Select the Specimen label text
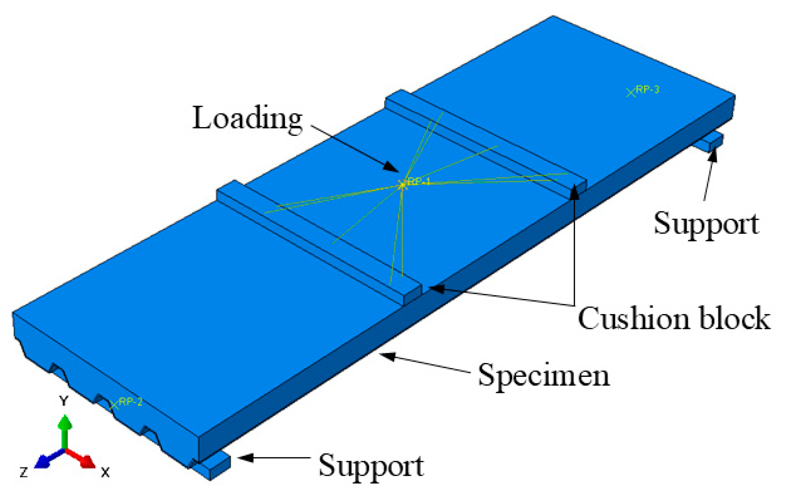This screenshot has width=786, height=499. pyautogui.click(x=544, y=376)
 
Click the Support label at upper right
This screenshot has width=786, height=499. pyautogui.click(x=706, y=223)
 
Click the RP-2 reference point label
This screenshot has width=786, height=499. pyautogui.click(x=130, y=402)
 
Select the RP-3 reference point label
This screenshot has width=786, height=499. pyautogui.click(x=648, y=90)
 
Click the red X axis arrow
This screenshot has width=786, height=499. pyautogui.click(x=87, y=461)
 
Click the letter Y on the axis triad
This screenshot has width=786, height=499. pyautogui.click(x=64, y=401)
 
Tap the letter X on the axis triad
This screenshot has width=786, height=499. pyautogui.click(x=105, y=473)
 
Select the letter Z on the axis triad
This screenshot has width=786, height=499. pyautogui.click(x=24, y=473)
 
